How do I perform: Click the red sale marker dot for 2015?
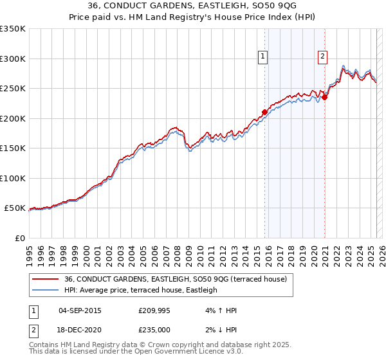pyautogui.click(x=264, y=112)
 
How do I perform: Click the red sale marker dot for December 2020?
pyautogui.click(x=325, y=97)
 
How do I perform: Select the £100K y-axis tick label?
pyautogui.click(x=13, y=178)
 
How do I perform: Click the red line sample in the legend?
pyautogui.click(x=45, y=279)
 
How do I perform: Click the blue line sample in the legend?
pyautogui.click(x=45, y=290)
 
